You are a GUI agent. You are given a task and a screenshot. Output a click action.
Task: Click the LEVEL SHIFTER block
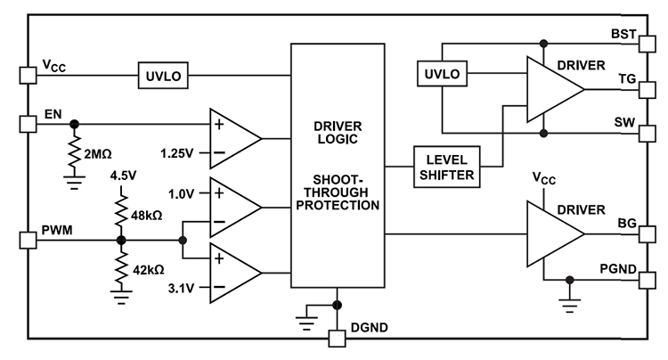click(446, 167)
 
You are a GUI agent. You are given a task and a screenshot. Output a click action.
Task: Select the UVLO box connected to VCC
click(162, 76)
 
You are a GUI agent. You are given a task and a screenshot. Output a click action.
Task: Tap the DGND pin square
click(336, 339)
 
